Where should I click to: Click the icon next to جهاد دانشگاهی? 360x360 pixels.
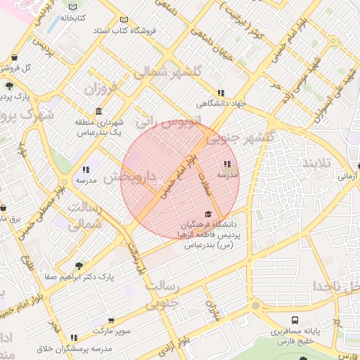click(221, 93)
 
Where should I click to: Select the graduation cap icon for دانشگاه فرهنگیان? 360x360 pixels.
click(207, 214)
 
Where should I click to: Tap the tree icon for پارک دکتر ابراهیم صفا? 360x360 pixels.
click(79, 266)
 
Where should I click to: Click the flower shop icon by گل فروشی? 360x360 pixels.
click(15, 58)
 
